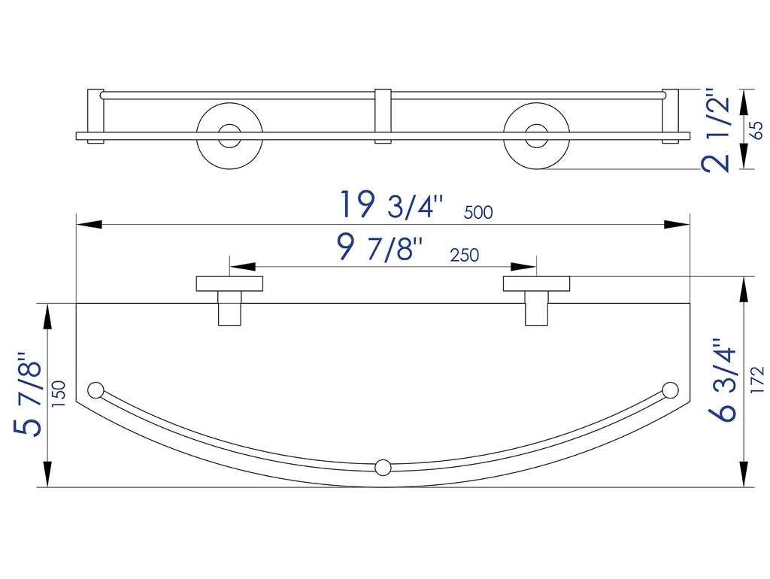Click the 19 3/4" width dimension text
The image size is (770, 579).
point(392,205)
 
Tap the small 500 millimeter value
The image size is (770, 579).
point(478,213)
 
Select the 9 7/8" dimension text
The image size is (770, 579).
point(380,247)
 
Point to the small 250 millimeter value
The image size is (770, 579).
point(465,256)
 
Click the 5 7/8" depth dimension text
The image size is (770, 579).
point(28,394)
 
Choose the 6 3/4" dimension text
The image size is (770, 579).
point(723,380)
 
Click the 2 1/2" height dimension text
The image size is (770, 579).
point(716,130)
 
